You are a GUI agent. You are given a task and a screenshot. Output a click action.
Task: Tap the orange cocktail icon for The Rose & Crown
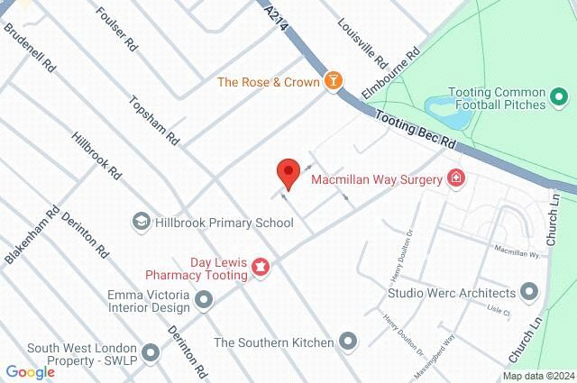(334, 82)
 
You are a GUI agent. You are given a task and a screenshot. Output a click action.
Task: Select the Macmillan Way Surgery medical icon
(456, 178)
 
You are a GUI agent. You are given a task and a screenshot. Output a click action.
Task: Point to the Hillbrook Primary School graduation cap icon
(141, 222)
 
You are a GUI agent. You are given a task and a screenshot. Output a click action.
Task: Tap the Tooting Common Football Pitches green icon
(559, 96)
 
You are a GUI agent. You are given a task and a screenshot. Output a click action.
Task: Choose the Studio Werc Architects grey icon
(529, 292)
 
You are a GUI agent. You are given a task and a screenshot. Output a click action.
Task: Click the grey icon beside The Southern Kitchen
(349, 342)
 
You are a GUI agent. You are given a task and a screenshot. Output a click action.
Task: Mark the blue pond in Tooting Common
(443, 112)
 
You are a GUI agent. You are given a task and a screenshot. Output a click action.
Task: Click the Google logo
(30, 372)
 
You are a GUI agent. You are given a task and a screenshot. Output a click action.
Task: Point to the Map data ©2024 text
(537, 376)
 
